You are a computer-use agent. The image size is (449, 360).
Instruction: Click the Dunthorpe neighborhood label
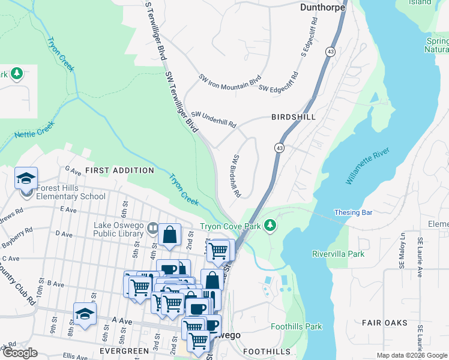click(x=323, y=8)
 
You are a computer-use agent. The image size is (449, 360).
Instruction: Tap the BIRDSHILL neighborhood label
click(x=293, y=117)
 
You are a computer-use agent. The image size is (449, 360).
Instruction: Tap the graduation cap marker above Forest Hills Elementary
click(x=26, y=178)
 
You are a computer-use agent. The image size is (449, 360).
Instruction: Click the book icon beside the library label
click(x=153, y=228)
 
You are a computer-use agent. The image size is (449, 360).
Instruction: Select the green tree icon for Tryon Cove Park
click(x=271, y=226)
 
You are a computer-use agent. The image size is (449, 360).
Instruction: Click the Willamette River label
click(x=367, y=166)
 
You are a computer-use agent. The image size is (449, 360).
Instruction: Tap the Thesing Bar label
click(x=353, y=212)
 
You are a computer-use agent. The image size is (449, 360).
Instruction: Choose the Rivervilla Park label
click(x=338, y=254)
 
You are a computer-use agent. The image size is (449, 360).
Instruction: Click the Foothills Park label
click(x=296, y=327)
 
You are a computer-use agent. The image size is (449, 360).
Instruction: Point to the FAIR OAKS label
click(x=385, y=322)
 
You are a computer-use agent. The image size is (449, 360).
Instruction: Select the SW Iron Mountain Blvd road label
click(x=231, y=82)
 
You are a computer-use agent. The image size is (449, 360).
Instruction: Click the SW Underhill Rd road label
click(x=214, y=119)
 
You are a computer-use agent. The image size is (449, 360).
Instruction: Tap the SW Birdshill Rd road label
click(x=236, y=176)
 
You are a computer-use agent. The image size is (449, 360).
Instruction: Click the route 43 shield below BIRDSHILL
click(x=280, y=148)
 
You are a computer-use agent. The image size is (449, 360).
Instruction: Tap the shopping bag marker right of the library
click(x=169, y=235)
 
